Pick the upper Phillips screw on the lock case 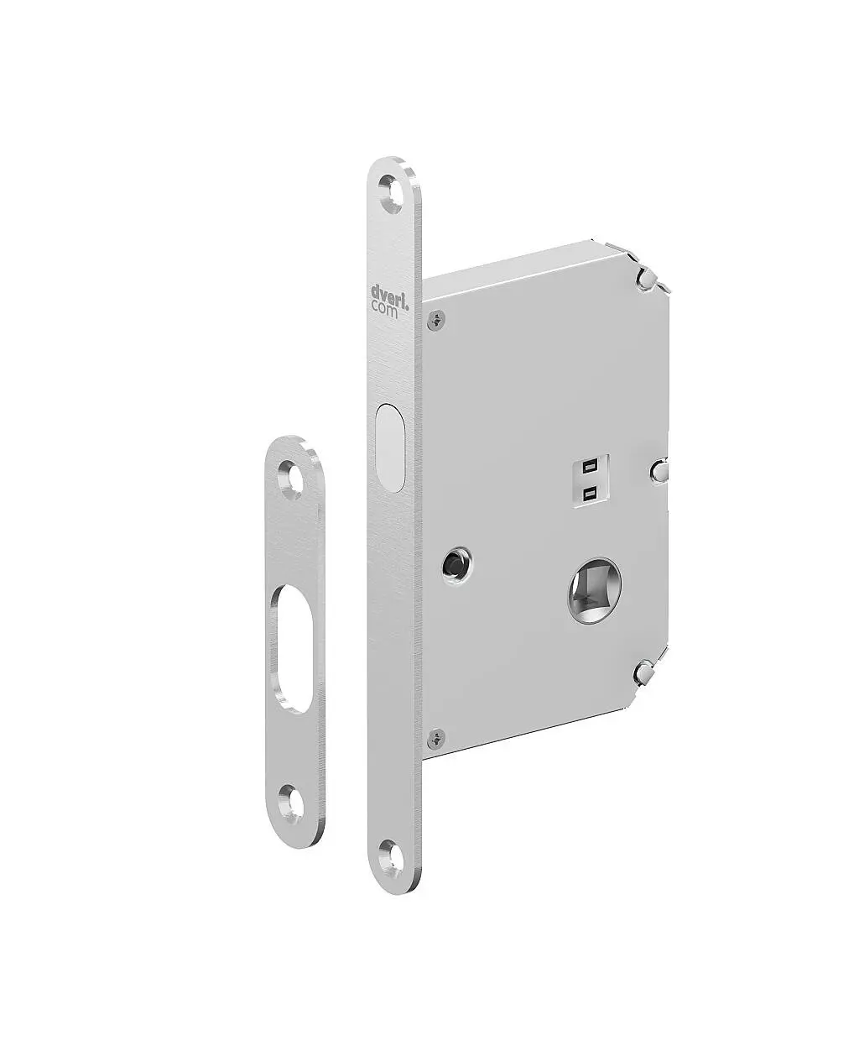[437, 320]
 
